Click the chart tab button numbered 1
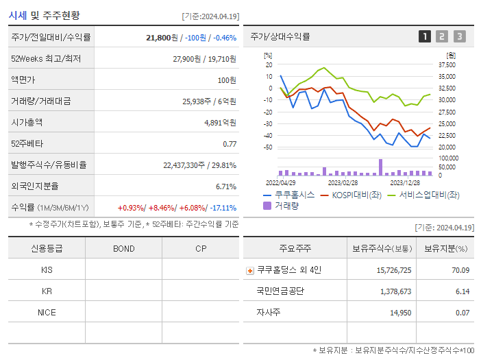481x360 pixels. tap(425, 37)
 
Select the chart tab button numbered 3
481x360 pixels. tap(459, 37)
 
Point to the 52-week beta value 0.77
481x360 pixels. tap(230, 144)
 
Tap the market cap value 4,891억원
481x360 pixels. tap(220, 123)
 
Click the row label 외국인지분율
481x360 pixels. tap(35, 187)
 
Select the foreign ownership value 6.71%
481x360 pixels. tap(225, 187)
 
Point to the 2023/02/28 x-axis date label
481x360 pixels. tap(343, 183)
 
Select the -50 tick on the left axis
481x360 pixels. tap(269, 147)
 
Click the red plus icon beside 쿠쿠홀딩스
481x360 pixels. tap(249, 270)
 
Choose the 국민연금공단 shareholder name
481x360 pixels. tap(280, 291)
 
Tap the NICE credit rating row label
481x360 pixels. tap(47, 313)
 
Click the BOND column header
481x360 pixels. tap(123, 249)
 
